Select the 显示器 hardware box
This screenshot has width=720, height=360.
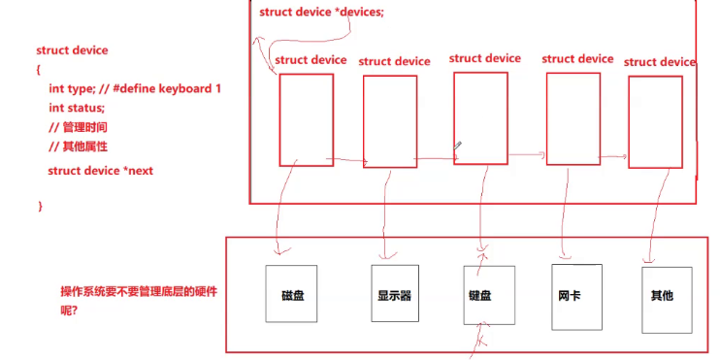click(x=394, y=294)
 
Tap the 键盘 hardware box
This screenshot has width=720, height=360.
click(x=477, y=294)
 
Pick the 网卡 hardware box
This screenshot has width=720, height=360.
click(x=571, y=294)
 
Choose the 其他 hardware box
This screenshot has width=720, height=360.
click(x=663, y=294)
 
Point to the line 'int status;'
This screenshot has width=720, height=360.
click(x=77, y=108)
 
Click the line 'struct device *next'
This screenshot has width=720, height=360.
click(x=100, y=171)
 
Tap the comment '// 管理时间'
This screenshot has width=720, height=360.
click(x=78, y=127)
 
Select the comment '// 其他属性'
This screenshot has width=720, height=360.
click(x=78, y=147)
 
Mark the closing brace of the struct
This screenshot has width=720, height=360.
click(x=40, y=206)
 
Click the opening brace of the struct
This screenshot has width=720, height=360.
click(x=39, y=69)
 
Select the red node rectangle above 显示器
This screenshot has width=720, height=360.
click(x=389, y=121)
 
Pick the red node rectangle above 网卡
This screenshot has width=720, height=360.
click(x=573, y=118)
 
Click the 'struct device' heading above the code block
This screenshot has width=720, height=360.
click(x=72, y=49)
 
